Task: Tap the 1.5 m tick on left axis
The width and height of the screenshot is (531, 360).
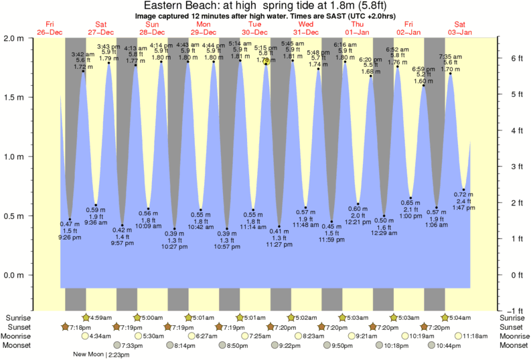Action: [14, 97]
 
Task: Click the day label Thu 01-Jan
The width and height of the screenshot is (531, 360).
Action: [354, 28]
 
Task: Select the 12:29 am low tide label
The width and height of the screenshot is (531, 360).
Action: [384, 232]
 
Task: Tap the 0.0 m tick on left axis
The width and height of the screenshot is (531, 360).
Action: [14, 275]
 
